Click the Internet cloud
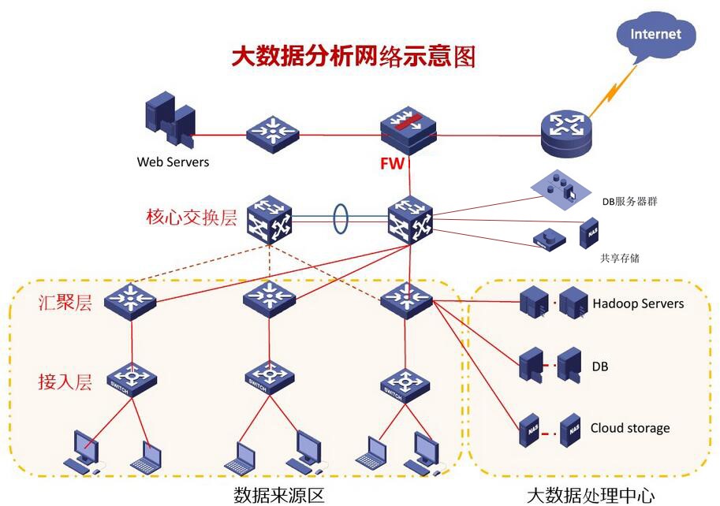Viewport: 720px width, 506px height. [655, 35]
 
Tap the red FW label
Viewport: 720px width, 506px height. [392, 164]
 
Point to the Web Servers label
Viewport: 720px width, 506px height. [173, 162]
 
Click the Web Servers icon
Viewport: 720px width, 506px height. [170, 122]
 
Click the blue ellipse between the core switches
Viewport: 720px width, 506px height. [340, 218]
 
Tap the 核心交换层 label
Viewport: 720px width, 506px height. [191, 218]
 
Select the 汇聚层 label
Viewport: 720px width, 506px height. [65, 302]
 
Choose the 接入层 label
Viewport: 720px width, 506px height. [65, 381]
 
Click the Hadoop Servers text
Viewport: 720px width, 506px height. [638, 303]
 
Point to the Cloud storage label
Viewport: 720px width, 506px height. [629, 428]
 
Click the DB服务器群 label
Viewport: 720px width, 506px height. [629, 202]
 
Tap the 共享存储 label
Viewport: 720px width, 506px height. [619, 258]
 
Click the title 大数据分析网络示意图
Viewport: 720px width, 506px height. [353, 56]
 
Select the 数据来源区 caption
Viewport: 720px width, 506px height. [279, 495]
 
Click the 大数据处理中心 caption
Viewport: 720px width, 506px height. [590, 495]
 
